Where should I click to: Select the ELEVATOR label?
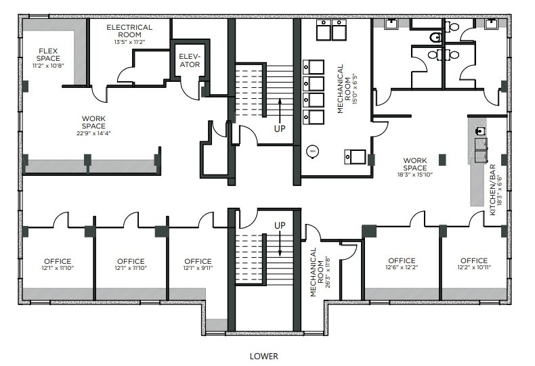pos(189,60)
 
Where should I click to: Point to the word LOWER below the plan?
pos(263,355)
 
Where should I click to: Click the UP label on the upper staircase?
pos(280,127)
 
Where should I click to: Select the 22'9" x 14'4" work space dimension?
pos(93,133)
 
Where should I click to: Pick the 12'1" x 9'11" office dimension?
pos(198,269)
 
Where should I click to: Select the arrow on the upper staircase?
pos(280,108)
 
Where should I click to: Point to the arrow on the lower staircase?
pos(280,244)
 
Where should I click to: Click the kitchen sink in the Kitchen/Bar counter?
pos(480,131)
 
